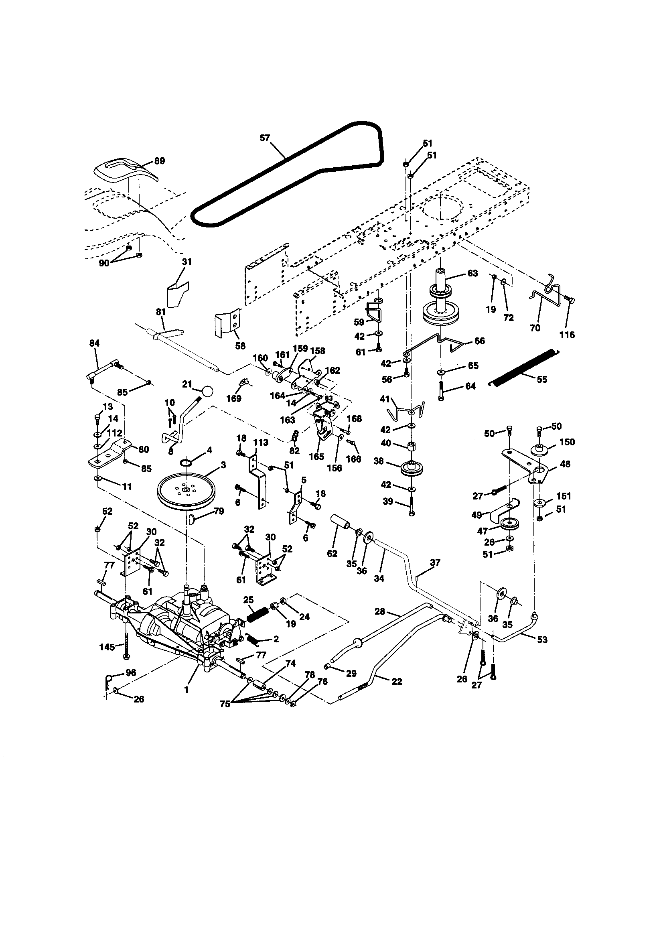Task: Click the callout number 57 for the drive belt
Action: pos(265,138)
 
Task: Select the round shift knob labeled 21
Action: pos(207,391)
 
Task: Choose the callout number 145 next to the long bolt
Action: pos(107,647)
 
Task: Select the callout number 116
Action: pos(567,335)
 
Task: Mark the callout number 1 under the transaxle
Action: pos(186,690)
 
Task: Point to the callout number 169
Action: pos(234,398)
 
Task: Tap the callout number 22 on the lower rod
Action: pos(396,682)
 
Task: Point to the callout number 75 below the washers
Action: pos(225,704)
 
